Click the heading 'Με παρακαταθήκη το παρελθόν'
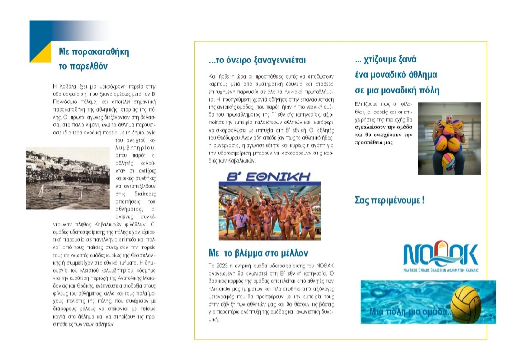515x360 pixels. [x=93, y=59]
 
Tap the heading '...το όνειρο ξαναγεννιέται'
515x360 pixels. [x=257, y=61]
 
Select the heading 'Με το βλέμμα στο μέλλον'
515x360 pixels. [x=258, y=253]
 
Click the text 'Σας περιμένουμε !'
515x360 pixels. [x=390, y=200]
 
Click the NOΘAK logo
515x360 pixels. [x=440, y=255]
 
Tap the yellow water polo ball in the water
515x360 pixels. [x=465, y=304]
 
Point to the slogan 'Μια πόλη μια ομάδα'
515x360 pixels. [x=409, y=312]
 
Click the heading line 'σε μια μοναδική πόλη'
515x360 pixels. [x=397, y=91]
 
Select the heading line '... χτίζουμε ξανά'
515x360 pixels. [x=386, y=60]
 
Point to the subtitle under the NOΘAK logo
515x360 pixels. [x=440, y=270]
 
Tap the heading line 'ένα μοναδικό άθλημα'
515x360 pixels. [x=396, y=75]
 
